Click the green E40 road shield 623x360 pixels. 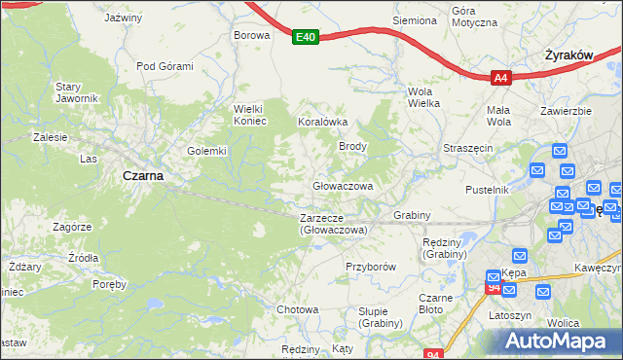tap(306, 37)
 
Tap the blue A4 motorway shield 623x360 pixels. tap(500, 78)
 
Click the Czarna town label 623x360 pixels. tap(142, 176)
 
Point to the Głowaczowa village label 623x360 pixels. tap(343, 185)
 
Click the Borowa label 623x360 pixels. tap(250, 34)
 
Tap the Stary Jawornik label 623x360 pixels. tap(76, 92)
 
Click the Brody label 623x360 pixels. tap(351, 146)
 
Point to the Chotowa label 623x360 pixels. tap(298, 309)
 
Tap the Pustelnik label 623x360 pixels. tap(488, 190)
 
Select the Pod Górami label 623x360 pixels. tap(165, 66)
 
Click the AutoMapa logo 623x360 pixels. tap(559, 341)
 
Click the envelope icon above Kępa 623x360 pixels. tap(519, 257)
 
